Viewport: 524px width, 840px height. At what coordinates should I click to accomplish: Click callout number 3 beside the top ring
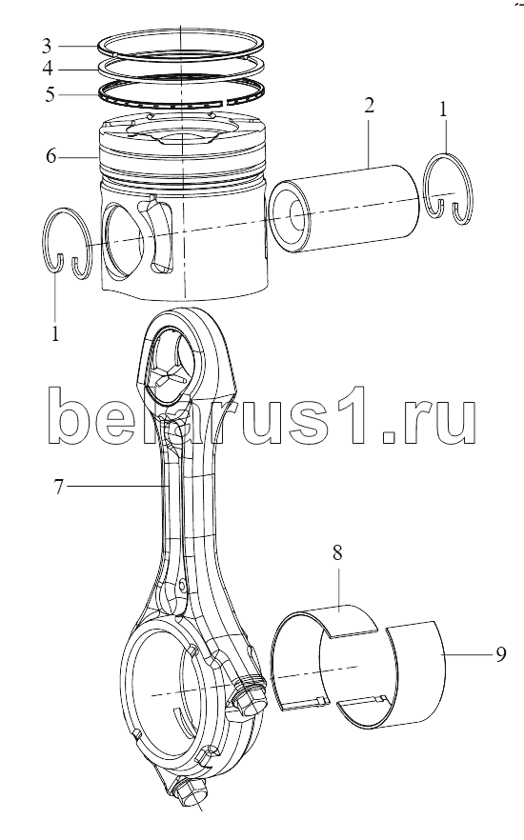click(47, 46)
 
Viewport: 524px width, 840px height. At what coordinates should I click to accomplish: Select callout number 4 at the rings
click(48, 70)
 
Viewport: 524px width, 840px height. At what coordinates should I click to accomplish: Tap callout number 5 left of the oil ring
click(50, 94)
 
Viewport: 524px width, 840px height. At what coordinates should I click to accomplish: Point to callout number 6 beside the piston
click(50, 156)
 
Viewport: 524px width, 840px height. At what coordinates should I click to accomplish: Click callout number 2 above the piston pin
click(369, 105)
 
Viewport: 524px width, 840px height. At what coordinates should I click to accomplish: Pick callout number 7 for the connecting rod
click(59, 487)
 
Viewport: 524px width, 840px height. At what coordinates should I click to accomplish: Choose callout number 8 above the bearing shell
click(337, 552)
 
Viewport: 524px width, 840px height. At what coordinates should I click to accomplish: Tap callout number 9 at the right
click(500, 654)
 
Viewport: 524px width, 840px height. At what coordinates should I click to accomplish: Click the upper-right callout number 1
click(443, 110)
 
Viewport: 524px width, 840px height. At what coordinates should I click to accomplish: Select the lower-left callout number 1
click(55, 333)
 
